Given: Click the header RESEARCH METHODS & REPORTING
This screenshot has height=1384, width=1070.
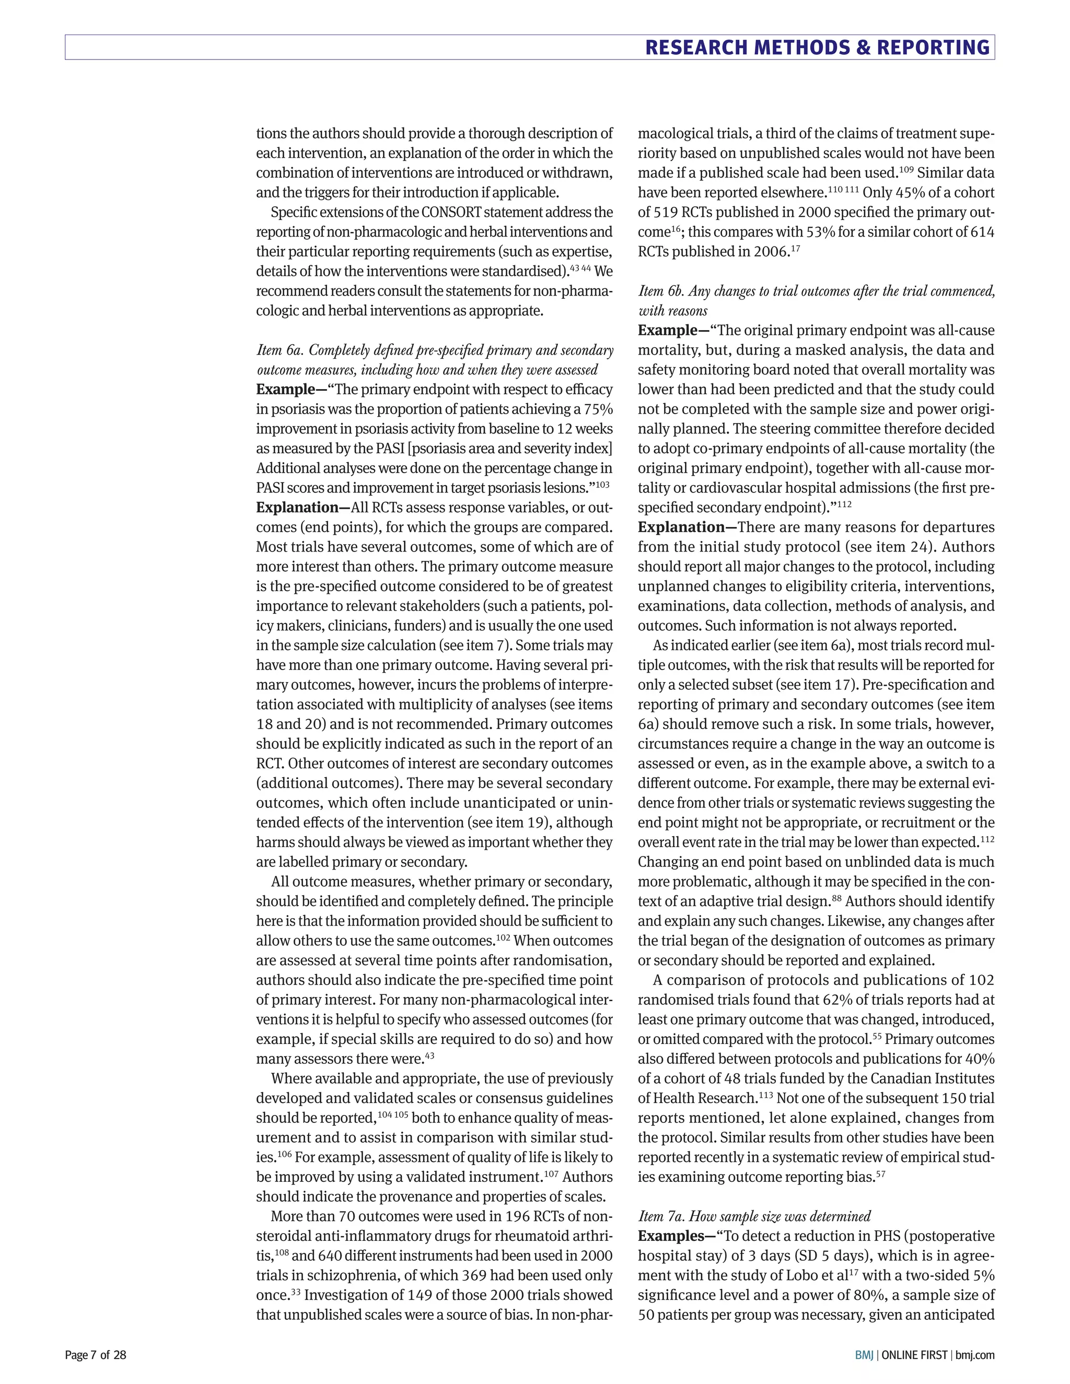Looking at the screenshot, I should coord(817,48).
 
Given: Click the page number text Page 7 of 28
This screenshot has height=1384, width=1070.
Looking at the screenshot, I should coord(96,1355).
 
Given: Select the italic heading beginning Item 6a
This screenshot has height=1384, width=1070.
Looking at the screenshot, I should coord(434,360).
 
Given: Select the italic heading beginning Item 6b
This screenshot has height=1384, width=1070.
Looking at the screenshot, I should coord(816,300).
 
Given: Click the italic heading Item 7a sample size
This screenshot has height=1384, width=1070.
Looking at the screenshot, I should coord(754,1215).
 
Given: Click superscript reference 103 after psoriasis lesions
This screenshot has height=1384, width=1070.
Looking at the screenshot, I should coord(602,484).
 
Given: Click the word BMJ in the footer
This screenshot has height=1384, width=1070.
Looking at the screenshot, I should coord(863,1355).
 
